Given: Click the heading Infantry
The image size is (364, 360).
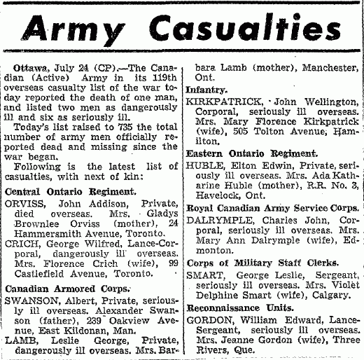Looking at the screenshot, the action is click(206, 90).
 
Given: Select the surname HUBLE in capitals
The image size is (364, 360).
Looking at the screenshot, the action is click(201, 166).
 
